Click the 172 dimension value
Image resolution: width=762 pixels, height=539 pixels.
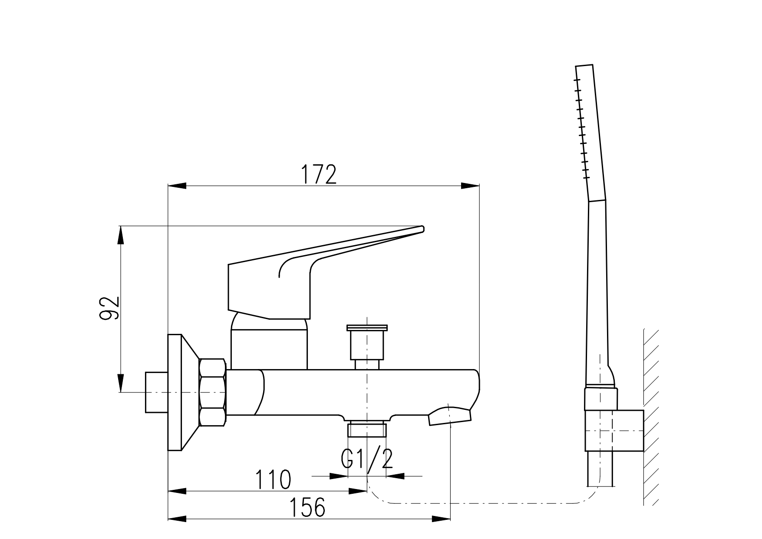(x=319, y=175)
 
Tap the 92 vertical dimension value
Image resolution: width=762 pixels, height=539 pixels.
(x=109, y=308)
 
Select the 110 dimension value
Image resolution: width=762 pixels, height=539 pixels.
(x=273, y=480)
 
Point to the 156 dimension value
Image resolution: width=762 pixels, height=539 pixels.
(x=307, y=507)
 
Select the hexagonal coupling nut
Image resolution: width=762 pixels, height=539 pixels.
(x=212, y=393)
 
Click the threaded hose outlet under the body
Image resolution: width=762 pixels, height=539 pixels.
(x=367, y=429)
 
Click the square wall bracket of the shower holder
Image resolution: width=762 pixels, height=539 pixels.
(x=614, y=430)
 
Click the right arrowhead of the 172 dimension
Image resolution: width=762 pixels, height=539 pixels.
(x=470, y=186)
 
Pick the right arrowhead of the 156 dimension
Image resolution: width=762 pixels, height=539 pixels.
(x=442, y=519)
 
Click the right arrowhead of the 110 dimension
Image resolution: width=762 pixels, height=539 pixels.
(x=358, y=491)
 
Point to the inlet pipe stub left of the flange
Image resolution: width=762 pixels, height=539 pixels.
(x=156, y=393)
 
